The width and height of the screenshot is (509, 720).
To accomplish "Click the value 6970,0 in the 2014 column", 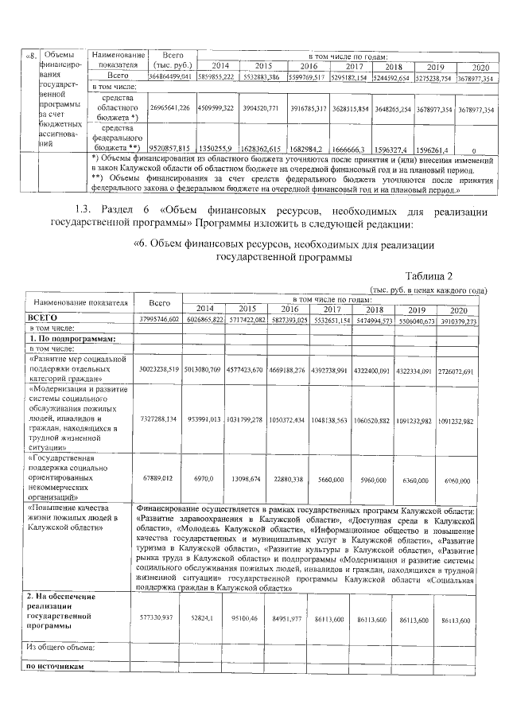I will coord(204,481).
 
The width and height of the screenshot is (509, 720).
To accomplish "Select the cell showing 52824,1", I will coord(204,617).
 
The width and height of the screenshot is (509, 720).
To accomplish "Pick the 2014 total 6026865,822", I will coord(204,320).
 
